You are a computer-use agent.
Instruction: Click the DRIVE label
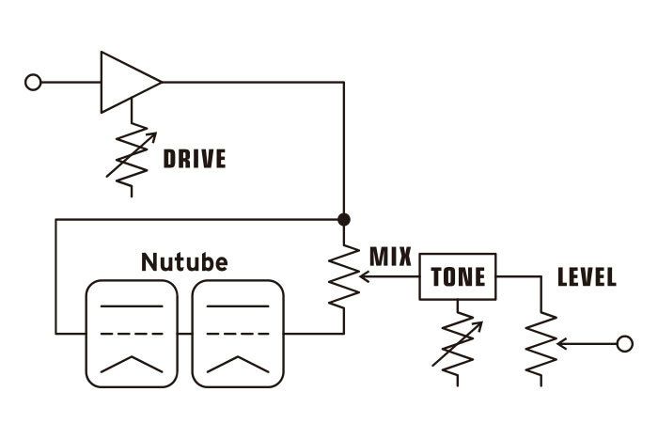(195, 159)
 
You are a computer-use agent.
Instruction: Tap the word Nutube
(183, 261)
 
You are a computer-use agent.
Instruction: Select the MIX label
(390, 256)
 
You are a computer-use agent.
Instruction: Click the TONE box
(458, 276)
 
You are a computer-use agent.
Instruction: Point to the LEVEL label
(587, 277)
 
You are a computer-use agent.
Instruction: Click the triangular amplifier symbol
(128, 82)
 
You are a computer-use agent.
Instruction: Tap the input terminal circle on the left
(33, 82)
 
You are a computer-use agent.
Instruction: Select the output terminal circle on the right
(624, 344)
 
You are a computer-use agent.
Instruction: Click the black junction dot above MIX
(344, 219)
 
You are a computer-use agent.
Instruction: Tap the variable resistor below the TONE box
(458, 342)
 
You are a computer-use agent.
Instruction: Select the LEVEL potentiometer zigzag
(541, 344)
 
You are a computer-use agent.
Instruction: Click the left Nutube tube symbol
(131, 334)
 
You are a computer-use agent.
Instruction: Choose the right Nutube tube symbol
(237, 334)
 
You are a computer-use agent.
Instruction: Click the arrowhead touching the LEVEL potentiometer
(559, 344)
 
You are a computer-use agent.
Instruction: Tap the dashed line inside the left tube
(131, 333)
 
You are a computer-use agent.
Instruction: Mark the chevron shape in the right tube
(237, 365)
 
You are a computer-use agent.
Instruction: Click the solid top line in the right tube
(237, 306)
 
